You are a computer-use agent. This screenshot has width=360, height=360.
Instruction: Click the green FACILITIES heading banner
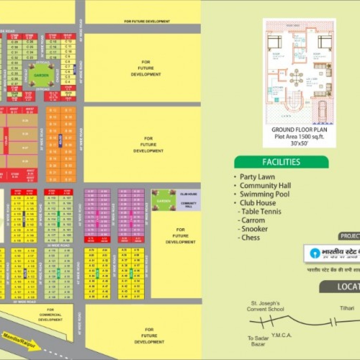[281, 162]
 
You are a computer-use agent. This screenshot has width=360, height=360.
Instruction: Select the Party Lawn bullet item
[257, 177]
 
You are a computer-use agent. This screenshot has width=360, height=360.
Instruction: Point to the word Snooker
[255, 229]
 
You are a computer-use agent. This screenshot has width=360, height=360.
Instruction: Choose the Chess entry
[251, 238]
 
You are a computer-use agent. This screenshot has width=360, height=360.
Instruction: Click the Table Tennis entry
[261, 211]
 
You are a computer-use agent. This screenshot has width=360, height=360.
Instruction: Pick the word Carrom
[253, 220]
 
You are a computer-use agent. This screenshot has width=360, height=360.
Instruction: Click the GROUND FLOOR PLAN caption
[299, 130]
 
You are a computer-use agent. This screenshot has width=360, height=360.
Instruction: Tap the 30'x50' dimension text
[299, 142]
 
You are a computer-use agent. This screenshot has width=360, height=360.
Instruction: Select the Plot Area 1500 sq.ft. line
[299, 136]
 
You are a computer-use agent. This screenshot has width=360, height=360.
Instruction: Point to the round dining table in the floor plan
[296, 77]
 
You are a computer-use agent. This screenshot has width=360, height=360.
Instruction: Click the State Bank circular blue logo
[315, 252]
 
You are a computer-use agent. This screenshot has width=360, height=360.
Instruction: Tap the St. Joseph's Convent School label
[266, 306]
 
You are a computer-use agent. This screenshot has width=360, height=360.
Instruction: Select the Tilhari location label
[347, 308]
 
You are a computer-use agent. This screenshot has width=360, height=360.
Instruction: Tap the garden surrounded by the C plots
[41, 76]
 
